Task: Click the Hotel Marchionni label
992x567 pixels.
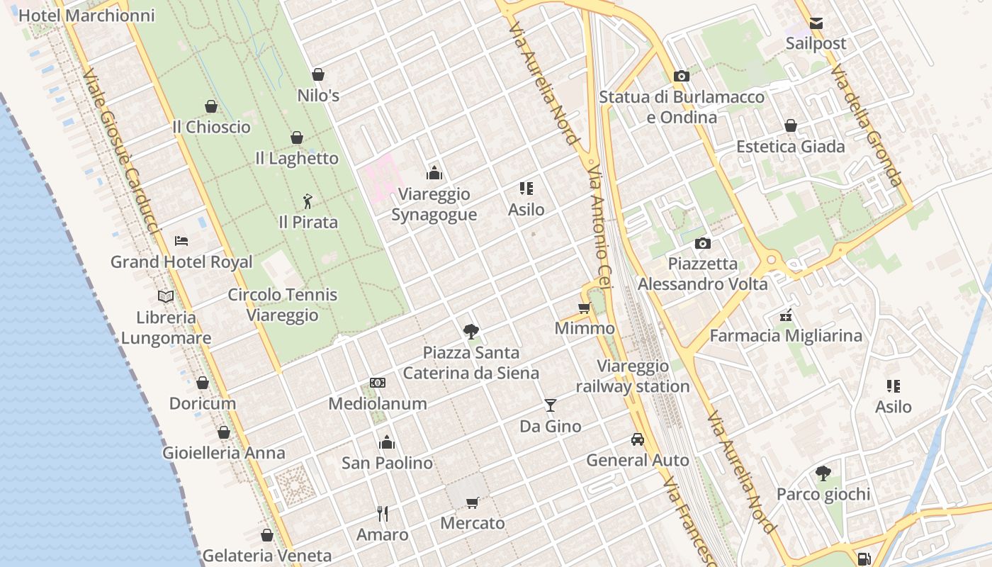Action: [86, 16]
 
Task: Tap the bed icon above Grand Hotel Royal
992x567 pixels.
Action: [181, 241]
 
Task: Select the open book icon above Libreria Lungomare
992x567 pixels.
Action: [166, 296]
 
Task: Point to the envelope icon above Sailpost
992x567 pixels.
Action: [816, 23]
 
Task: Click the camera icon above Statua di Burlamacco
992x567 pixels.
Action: [682, 76]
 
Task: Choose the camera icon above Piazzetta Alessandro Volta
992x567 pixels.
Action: [702, 243]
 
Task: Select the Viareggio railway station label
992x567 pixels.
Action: [633, 376]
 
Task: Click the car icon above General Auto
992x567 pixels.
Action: [638, 439]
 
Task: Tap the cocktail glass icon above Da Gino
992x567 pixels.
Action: [551, 405]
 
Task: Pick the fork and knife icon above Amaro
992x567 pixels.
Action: [383, 513]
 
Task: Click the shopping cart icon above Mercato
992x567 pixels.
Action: [473, 503]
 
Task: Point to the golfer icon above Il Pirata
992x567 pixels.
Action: [308, 201]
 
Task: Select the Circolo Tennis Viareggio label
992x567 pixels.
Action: [283, 305]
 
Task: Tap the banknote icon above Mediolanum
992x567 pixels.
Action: [378, 383]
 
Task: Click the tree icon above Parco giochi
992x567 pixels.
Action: [823, 473]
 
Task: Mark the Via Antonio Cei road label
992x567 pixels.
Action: [599, 227]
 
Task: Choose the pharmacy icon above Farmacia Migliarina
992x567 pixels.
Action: [786, 315]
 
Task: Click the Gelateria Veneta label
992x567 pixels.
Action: [267, 556]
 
